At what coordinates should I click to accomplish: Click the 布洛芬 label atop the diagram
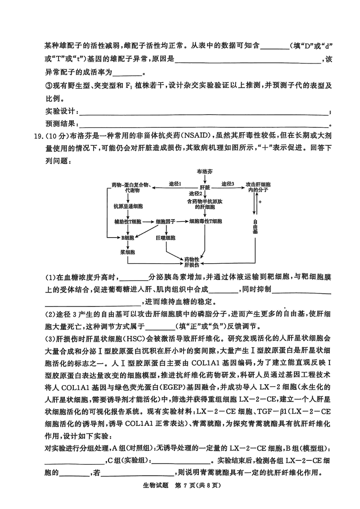[x=205, y=171]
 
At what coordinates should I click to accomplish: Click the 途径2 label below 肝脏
[x=195, y=194]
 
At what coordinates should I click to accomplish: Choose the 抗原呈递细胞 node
[x=128, y=206]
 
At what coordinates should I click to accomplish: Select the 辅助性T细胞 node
[x=128, y=222]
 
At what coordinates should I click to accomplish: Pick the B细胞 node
[x=127, y=237]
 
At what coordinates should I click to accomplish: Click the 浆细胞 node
[x=127, y=252]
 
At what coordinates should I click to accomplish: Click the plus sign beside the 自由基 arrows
[x=260, y=202]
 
